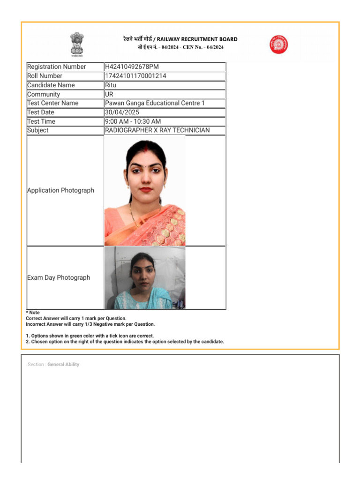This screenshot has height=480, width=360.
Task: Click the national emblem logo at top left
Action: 76,44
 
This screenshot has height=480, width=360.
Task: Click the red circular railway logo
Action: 278,45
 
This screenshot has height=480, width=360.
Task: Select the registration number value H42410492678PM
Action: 135,67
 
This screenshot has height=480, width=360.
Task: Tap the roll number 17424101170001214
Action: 135,76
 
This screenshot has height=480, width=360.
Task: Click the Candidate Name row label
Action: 51,85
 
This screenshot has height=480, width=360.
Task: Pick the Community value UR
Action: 109,94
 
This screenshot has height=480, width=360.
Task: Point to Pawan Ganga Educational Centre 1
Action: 155,103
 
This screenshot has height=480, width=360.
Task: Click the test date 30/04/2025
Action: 122,112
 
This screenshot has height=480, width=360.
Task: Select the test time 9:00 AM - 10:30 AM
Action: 133,121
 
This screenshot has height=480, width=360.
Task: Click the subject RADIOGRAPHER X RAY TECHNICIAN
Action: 157,130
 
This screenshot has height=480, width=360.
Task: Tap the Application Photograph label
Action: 60,190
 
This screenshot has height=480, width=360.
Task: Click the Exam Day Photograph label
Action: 59,277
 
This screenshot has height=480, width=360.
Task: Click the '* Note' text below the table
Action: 33,313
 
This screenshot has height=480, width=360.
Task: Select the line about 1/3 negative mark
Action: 90,324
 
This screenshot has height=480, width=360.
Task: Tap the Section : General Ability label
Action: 53,364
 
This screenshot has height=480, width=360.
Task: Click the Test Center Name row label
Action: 53,103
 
